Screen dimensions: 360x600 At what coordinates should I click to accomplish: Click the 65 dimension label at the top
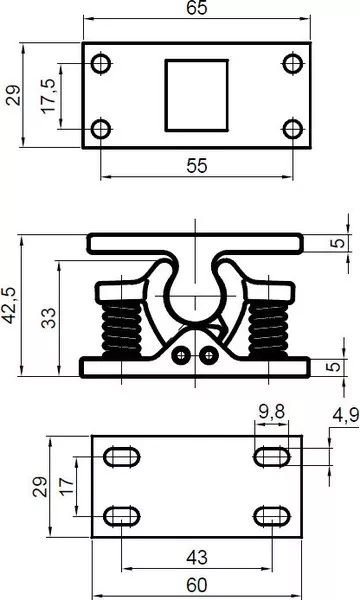click(197, 8)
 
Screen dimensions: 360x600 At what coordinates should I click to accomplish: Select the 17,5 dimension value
click(49, 96)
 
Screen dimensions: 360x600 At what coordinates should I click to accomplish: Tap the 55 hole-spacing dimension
click(197, 166)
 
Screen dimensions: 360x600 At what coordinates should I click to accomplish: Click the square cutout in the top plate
click(197, 95)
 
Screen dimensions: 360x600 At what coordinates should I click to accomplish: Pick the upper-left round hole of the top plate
click(101, 63)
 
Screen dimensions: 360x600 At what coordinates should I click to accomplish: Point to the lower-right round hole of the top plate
click(293, 129)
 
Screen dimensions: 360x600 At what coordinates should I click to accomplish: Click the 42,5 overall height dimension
click(10, 305)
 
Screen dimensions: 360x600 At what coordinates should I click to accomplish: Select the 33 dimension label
click(49, 318)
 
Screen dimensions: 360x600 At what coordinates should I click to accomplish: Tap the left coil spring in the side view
click(122, 328)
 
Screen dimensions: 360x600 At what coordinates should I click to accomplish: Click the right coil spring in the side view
click(269, 328)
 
